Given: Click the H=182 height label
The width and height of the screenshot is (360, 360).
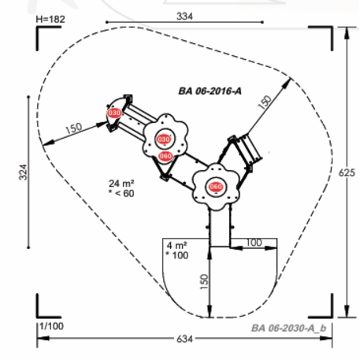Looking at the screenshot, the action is click(x=50, y=19).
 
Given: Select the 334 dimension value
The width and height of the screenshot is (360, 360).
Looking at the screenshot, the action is click(x=184, y=17).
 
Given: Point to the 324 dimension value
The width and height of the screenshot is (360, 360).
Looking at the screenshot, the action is click(x=23, y=173).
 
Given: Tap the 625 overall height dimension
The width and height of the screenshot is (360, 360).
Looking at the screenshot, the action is click(x=347, y=173).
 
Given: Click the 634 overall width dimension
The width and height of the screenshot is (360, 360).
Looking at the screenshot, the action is click(x=184, y=339).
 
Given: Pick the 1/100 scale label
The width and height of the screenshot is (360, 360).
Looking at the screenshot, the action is click(x=51, y=326).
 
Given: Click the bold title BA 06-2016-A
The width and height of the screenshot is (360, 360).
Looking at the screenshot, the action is click(x=210, y=91).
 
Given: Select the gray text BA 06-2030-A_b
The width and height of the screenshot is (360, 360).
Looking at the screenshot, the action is click(x=289, y=328).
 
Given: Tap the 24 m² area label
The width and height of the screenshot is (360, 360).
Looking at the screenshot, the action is click(x=121, y=184).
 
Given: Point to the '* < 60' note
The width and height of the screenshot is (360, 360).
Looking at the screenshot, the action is click(x=121, y=193).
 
